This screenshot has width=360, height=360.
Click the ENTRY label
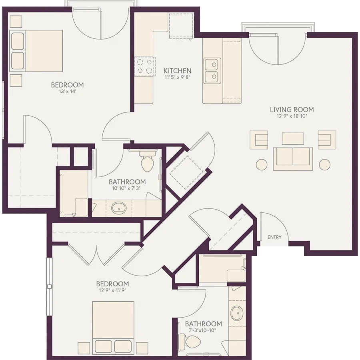274,237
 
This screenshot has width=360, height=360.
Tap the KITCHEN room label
177,71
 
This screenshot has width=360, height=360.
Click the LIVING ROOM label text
292,110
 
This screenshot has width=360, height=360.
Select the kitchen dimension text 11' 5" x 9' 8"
177,77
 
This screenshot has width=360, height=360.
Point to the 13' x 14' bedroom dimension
67,91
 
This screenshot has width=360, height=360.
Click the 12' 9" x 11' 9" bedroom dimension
112,290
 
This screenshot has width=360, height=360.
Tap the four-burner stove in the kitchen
145,66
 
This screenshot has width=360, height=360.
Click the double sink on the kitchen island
212,70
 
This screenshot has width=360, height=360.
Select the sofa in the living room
293,159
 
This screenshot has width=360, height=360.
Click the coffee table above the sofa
293,138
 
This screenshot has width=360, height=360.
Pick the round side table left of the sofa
262,165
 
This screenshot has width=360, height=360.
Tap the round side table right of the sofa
324,165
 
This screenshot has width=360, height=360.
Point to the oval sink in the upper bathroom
119,208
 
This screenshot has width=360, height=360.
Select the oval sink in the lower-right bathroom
237,313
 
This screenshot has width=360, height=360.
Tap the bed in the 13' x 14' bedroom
36,51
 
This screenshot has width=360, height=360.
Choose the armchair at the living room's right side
327,140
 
